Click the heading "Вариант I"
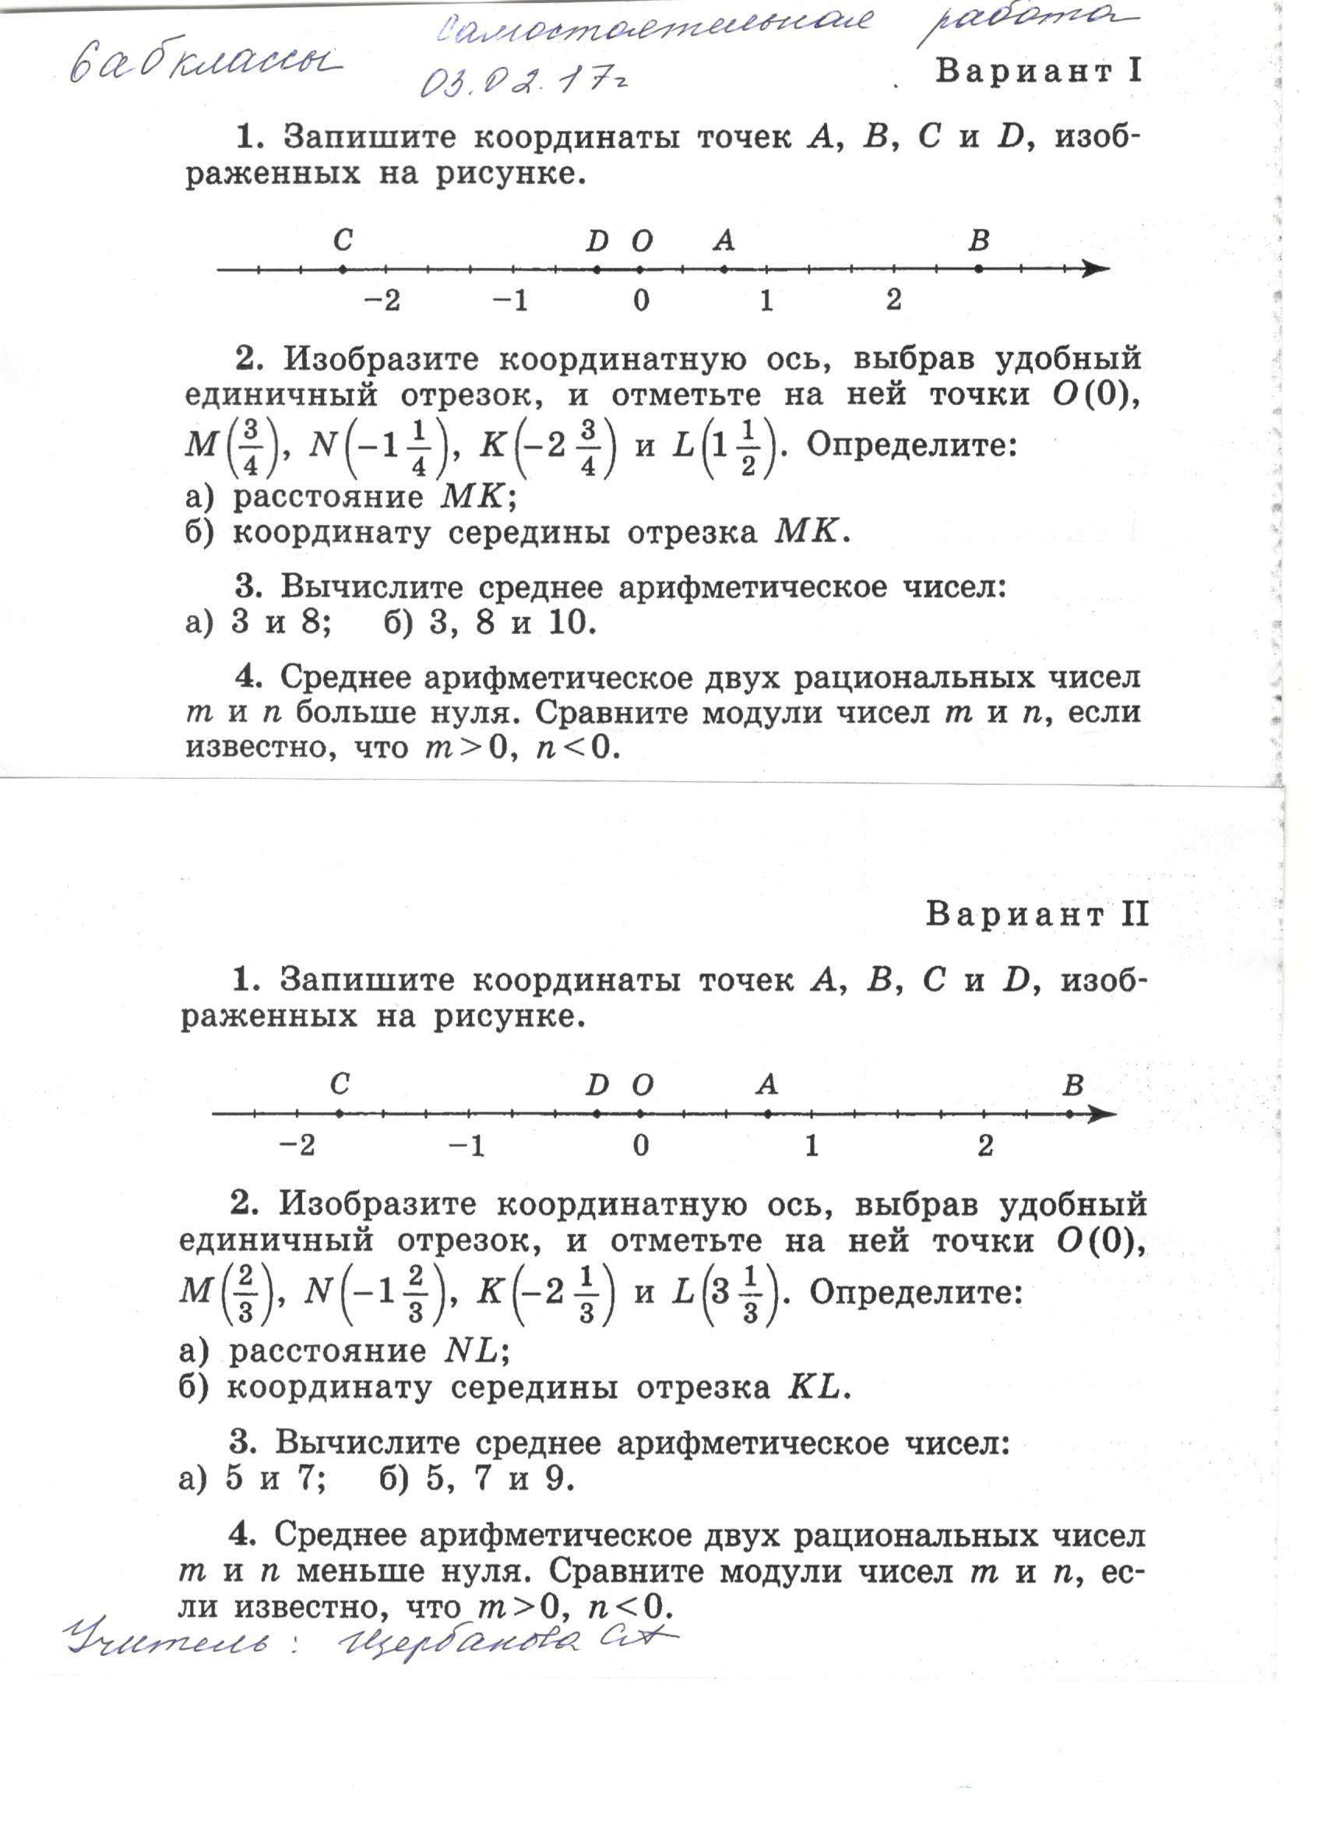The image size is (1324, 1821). pos(1037,72)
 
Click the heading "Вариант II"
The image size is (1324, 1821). pos(1037,914)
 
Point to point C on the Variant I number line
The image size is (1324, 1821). pos(343,269)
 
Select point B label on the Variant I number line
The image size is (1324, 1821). pos(978,240)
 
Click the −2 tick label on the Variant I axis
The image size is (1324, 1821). pos(382,301)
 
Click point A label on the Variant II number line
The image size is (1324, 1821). pos(768,1086)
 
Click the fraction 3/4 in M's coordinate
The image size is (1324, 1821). pos(251,446)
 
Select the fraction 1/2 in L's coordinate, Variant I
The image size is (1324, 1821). pos(748,446)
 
